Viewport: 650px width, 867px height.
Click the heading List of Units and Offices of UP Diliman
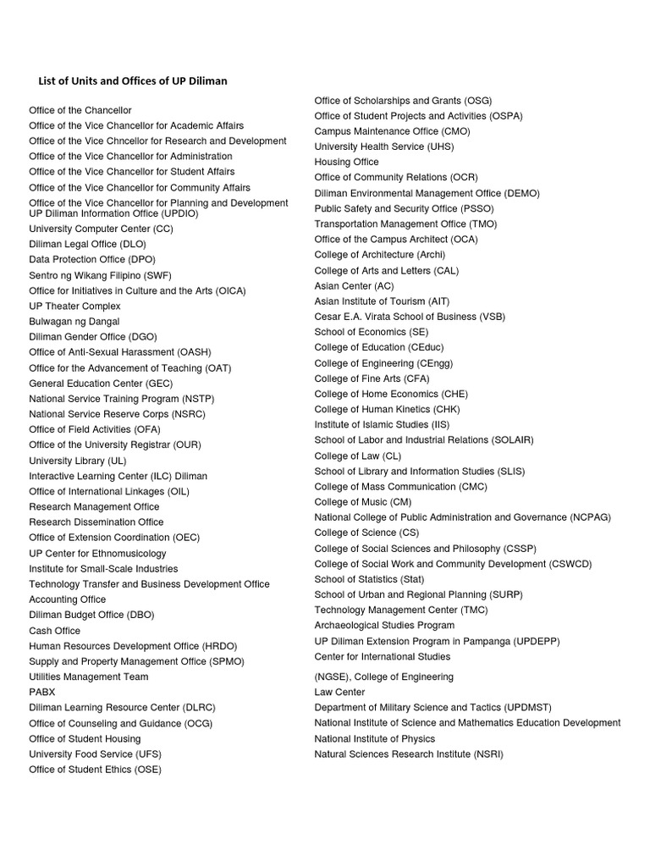tap(133, 81)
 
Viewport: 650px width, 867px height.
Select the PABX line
tap(42, 692)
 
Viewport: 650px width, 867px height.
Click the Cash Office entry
tap(55, 631)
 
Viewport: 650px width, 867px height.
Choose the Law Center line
tap(339, 692)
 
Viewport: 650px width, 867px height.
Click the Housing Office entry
tap(346, 162)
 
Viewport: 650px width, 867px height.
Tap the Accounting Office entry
tap(67, 599)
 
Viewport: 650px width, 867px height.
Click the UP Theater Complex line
tap(74, 306)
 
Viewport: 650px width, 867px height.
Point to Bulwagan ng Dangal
tap(74, 322)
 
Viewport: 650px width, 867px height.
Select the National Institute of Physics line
tap(374, 738)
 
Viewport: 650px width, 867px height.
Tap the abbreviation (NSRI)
tap(488, 754)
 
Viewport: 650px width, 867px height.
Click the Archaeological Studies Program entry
tap(384, 626)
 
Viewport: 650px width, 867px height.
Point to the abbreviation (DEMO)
tap(520, 193)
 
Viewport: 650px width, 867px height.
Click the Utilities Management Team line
tap(88, 676)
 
